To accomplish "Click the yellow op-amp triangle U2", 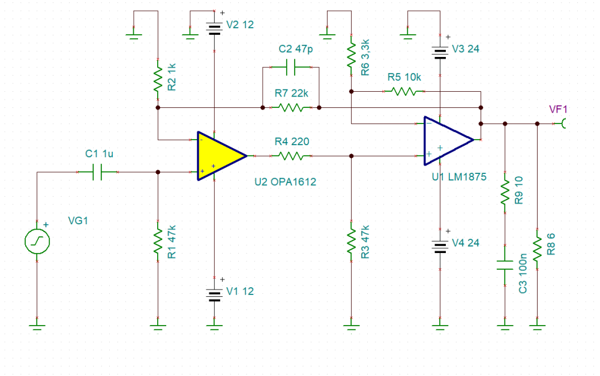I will pos(218,155).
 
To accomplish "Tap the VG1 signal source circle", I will pos(37,242).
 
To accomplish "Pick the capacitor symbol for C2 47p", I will pos(291,68).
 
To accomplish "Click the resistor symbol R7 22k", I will pos(291,108).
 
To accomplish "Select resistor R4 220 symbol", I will pos(291,156).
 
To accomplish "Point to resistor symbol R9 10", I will pos(505,191).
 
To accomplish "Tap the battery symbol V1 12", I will pos(214,294).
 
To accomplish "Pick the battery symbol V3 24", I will pos(440,52).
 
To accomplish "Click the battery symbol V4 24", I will pos(440,246).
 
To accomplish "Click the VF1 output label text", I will pos(558,109).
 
